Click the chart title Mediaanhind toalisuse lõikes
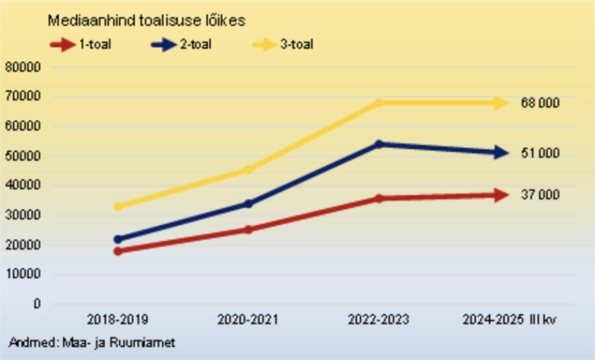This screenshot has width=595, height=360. pyautogui.click(x=146, y=21)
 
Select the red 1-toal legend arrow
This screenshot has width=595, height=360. pyautogui.click(x=62, y=45)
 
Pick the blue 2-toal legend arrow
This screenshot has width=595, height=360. pyautogui.click(x=163, y=45)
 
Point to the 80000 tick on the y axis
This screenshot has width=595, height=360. pyautogui.click(x=24, y=68)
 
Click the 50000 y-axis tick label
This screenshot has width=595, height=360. pyautogui.click(x=24, y=156)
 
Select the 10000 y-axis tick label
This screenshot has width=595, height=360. pyautogui.click(x=24, y=274)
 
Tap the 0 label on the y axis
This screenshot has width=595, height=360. pyautogui.click(x=38, y=304)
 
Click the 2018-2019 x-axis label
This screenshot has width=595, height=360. pyautogui.click(x=118, y=320)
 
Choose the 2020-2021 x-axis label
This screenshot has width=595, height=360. pyautogui.click(x=248, y=320)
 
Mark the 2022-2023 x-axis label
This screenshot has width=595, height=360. pyautogui.click(x=378, y=320)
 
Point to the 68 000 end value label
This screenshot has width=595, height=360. pyautogui.click(x=540, y=103)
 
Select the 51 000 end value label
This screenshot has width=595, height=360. pyautogui.click(x=540, y=153)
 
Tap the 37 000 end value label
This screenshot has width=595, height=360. pyautogui.click(x=540, y=195)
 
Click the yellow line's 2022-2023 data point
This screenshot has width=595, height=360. pyautogui.click(x=378, y=103)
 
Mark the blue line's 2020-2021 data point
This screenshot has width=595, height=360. pyautogui.click(x=248, y=203)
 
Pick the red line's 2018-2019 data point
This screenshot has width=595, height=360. pyautogui.click(x=118, y=251)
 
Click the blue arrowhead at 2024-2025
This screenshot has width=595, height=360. pyautogui.click(x=501, y=153)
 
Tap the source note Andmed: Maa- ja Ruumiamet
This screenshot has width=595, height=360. pyautogui.click(x=92, y=342)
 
